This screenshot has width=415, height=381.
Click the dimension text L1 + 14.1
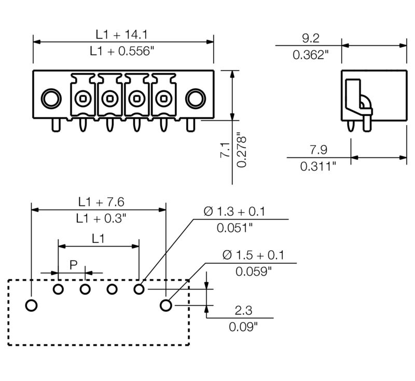[122, 34]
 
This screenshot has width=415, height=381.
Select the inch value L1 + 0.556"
[122, 51]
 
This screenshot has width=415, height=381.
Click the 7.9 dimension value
[318, 150]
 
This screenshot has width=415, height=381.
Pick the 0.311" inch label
[319, 167]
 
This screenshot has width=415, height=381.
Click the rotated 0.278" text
[242, 152]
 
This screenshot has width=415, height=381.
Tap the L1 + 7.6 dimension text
[101, 201]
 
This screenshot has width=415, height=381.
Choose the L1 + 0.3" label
[101, 219]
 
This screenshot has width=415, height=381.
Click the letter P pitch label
[73, 265]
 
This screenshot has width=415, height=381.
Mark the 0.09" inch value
[243, 326]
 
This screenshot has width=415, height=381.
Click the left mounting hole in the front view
[50, 98]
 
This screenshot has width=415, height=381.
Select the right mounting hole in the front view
[196, 98]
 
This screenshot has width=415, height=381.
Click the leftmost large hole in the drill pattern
[32, 305]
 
